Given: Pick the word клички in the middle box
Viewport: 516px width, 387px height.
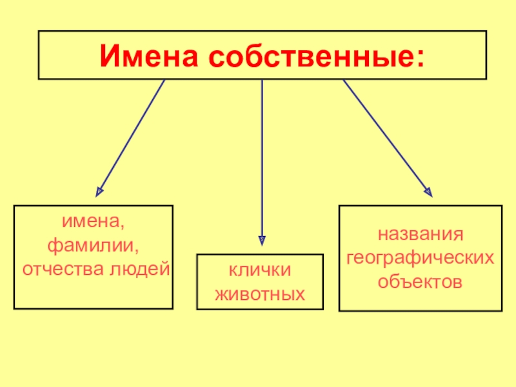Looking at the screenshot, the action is pos(259,271).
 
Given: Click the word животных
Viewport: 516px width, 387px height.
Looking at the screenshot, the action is pos(259,295).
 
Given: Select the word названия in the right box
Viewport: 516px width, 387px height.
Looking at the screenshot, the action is pos(421,234).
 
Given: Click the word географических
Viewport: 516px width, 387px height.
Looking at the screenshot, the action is pos(421,258).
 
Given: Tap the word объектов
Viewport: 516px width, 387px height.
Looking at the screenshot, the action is pos(421,282).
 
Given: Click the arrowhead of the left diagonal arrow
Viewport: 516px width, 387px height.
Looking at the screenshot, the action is pos(99,190).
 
